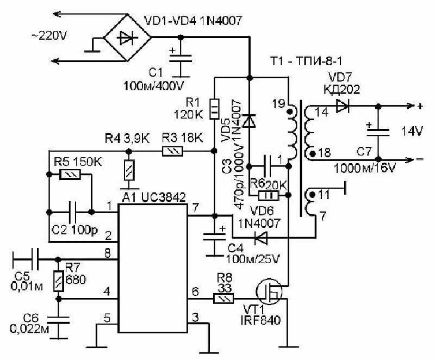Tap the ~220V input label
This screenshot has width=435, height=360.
49,36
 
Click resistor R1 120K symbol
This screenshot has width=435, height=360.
214,109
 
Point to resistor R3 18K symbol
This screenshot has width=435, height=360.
172,151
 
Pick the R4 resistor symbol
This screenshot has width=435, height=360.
129,170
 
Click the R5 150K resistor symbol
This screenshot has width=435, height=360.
70,175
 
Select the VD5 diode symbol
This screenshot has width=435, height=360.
249,121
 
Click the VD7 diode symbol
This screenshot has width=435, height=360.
343,106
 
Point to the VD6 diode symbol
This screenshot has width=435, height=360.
261,238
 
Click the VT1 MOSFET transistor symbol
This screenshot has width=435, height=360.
269,291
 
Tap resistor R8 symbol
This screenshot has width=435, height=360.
223,299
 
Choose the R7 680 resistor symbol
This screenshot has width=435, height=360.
59,281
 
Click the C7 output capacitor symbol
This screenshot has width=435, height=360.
378,132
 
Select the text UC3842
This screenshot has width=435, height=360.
163,197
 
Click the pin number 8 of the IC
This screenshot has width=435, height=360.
107,253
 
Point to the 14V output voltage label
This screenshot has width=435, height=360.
413,131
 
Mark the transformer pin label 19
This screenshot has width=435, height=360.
278,104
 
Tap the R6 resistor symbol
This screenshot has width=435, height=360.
268,196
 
